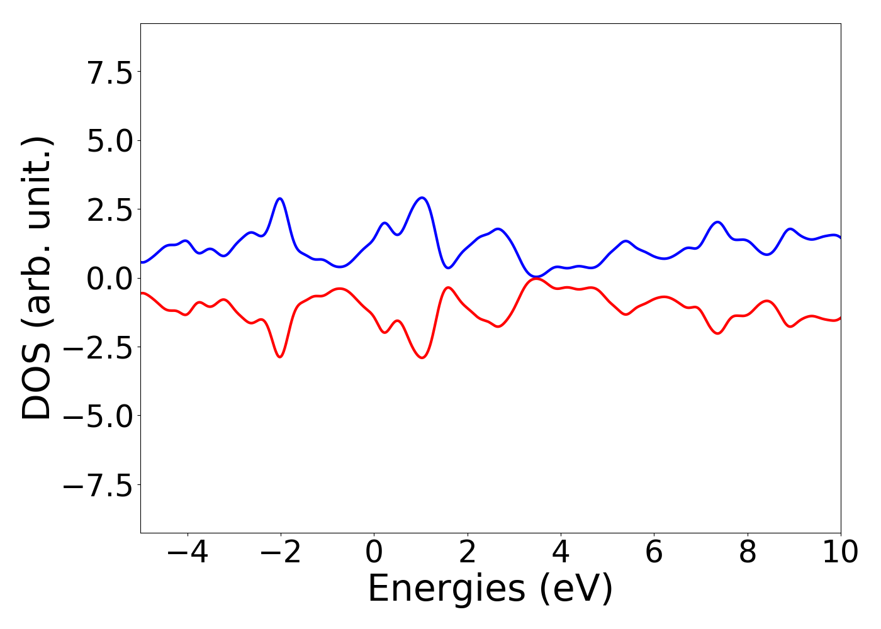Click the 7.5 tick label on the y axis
pyautogui.click(x=109, y=74)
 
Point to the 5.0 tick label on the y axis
pyautogui.click(x=109, y=142)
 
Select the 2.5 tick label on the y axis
pyautogui.click(x=109, y=211)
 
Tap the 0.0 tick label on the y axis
pyautogui.click(x=109, y=279)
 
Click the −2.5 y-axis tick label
pyautogui.click(x=98, y=348)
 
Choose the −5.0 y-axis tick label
pyautogui.click(x=98, y=416)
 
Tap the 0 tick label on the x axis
pyautogui.click(x=374, y=553)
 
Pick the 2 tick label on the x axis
pyautogui.click(x=467, y=553)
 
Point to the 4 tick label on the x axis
pyautogui.click(x=561, y=553)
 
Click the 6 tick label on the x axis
pyautogui.click(x=654, y=553)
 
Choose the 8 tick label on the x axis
pyautogui.click(x=748, y=553)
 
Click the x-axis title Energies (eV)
pyautogui.click(x=490, y=589)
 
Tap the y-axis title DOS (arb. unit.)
pyautogui.click(x=38, y=278)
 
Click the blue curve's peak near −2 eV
pyautogui.click(x=280, y=199)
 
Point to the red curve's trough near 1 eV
pyautogui.click(x=422, y=358)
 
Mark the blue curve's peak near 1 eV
pyautogui.click(x=422, y=198)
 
